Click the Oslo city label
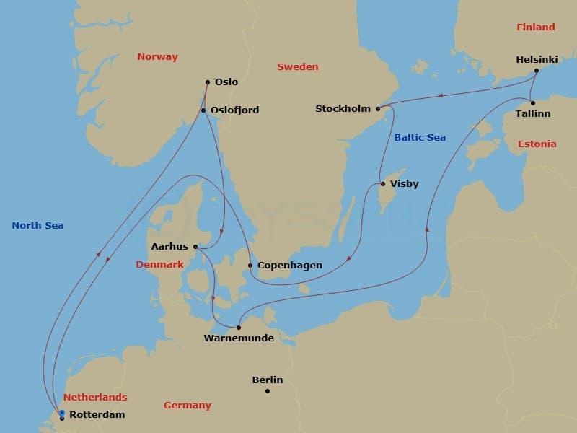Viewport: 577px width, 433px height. click(226, 82)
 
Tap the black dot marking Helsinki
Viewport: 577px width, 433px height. click(537, 71)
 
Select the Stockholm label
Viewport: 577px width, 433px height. click(343, 109)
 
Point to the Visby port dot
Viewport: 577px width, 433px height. click(382, 184)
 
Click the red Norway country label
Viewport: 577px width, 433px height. click(157, 57)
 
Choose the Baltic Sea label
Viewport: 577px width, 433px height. click(420, 137)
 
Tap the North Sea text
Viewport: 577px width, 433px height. click(38, 226)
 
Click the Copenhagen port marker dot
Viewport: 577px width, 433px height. click(250, 266)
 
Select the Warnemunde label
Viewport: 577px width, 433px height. click(239, 338)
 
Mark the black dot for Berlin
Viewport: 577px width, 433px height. click(268, 391)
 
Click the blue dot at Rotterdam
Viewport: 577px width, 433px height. click(62, 413)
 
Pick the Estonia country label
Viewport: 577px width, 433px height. click(537, 144)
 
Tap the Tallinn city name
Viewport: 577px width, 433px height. click(533, 114)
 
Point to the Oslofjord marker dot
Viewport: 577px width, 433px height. click(203, 110)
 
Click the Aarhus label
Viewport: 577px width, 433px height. click(169, 247)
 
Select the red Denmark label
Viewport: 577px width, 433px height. click(159, 265)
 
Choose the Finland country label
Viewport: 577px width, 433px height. click(535, 27)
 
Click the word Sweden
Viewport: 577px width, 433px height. click(297, 67)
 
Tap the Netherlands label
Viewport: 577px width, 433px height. click(94, 398)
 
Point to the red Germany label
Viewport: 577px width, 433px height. click(187, 406)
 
